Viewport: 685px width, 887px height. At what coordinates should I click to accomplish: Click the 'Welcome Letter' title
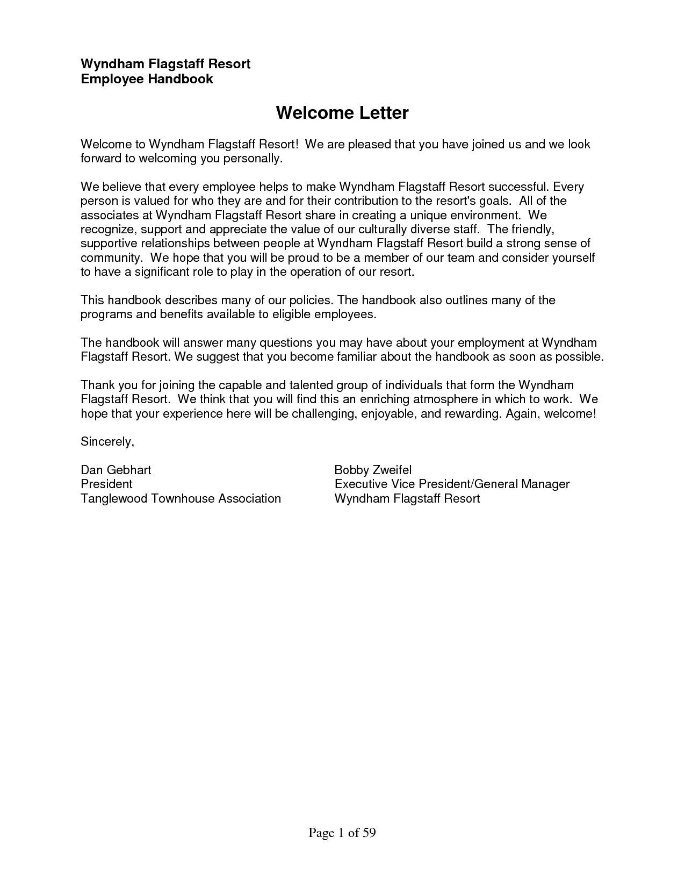(x=342, y=113)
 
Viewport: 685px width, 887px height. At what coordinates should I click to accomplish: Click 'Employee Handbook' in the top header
(x=147, y=79)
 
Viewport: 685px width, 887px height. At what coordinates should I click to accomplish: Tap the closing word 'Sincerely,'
(x=107, y=442)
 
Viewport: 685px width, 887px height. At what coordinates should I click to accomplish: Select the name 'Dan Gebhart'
(x=116, y=470)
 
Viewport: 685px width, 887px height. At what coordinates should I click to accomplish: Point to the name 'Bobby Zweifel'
(x=373, y=470)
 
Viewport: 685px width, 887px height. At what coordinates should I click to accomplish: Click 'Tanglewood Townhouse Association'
(x=181, y=498)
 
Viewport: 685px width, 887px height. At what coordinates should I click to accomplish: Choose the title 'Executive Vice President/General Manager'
(x=452, y=484)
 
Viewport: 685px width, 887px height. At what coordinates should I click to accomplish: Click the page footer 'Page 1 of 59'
(x=342, y=833)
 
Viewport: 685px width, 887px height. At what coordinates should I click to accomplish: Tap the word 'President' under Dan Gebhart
(x=106, y=484)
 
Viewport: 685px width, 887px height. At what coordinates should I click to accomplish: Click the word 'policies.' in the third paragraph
(x=312, y=300)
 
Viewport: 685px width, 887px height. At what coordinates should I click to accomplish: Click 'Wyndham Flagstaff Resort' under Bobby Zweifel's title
(x=407, y=498)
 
